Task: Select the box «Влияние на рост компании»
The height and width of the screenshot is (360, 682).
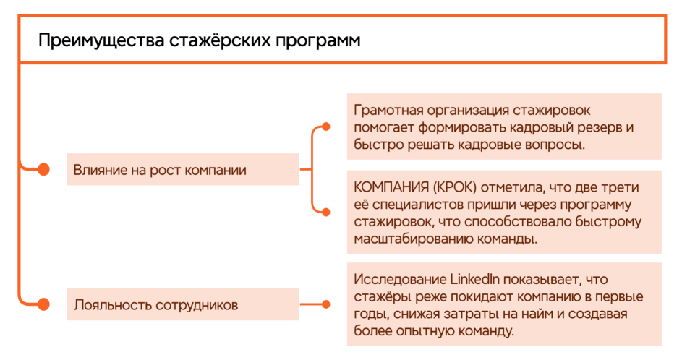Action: point(183,170)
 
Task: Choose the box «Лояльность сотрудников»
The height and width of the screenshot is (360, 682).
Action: point(183,304)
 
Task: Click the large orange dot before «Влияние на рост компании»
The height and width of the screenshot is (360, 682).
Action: point(43,170)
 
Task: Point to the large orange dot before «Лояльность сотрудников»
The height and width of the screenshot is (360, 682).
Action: point(43,304)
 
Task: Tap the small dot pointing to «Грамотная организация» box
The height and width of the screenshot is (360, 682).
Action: point(325,127)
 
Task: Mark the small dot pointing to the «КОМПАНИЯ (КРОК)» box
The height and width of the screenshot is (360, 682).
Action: point(325,213)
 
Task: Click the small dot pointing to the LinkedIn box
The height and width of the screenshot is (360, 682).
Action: point(325,304)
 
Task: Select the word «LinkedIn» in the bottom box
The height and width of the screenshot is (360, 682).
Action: point(474,279)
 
